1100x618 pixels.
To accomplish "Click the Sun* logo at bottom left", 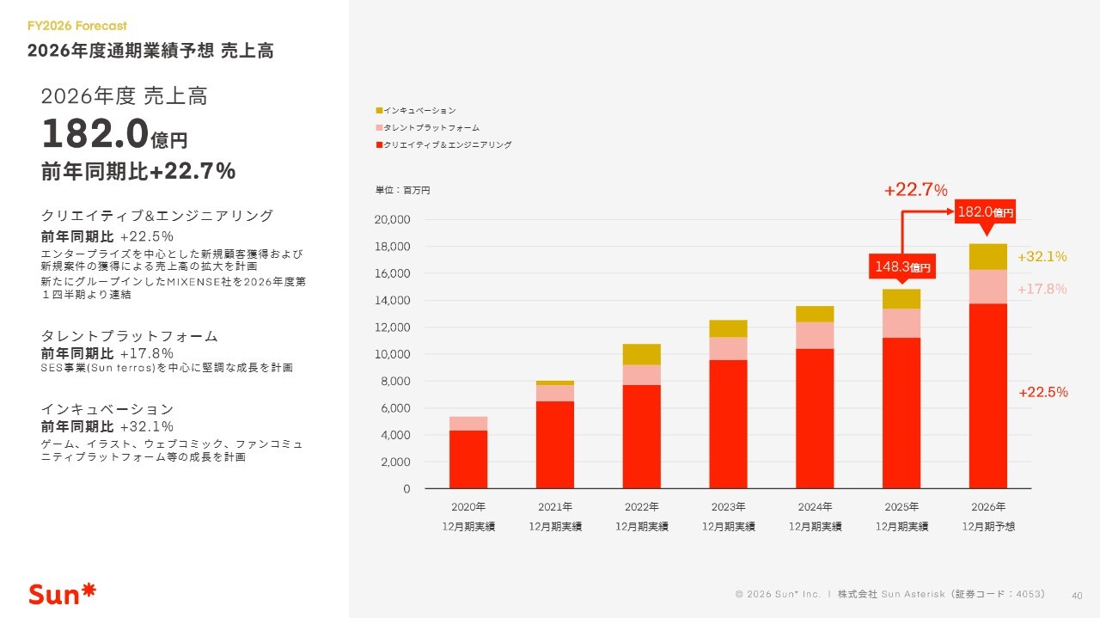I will tap(63, 593).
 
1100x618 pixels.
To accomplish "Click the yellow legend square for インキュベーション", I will tap(379, 111).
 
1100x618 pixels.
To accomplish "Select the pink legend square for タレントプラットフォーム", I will tap(379, 128).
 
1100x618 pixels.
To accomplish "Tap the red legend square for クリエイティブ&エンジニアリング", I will tap(379, 145).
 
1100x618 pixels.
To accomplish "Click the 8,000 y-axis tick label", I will tap(395, 382).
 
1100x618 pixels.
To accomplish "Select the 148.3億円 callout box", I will tap(901, 267).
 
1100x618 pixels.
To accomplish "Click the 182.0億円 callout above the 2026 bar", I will tap(986, 211).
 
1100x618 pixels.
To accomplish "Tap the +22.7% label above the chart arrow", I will tap(915, 190).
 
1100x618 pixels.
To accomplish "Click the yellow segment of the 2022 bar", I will tap(642, 354).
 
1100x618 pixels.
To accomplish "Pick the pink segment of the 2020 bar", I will tap(468, 423).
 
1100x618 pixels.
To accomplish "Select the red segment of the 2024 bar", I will tap(815, 418).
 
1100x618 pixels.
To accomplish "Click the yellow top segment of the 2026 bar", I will tap(988, 257).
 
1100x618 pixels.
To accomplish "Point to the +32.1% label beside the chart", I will tap(1042, 257).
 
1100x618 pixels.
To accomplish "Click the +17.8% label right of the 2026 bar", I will tap(1042, 290).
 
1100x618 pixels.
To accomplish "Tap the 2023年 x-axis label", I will tap(729, 507).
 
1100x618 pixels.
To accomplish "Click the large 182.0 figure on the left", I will tap(95, 134).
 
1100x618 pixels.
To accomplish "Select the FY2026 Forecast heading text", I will tap(77, 26).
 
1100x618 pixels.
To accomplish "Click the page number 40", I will tap(1077, 594).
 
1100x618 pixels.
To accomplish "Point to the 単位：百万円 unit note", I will tap(402, 191).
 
